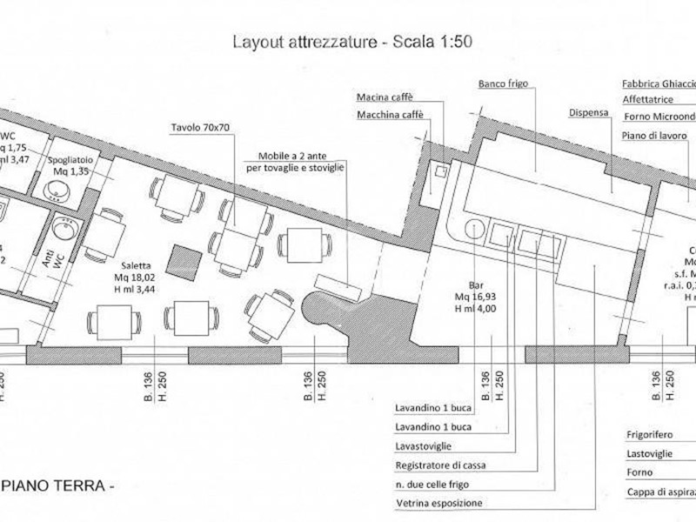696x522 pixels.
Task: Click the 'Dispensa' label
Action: [589, 112]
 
